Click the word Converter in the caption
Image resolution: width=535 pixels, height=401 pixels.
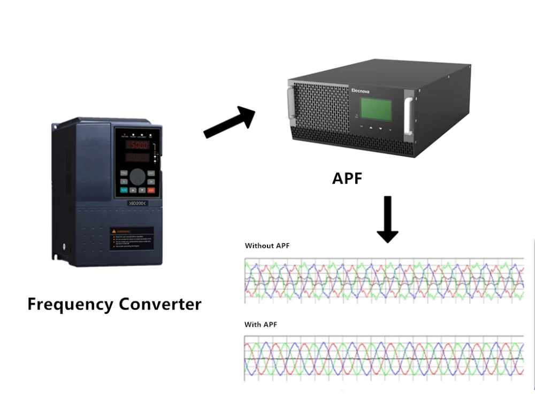point(160,304)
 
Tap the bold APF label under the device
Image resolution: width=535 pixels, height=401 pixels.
point(347,178)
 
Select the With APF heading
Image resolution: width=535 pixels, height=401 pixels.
point(261,325)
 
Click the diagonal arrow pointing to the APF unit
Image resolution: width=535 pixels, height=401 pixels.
point(229,122)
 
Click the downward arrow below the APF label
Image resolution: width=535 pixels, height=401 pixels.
point(387,219)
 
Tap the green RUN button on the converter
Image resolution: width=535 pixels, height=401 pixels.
point(124,190)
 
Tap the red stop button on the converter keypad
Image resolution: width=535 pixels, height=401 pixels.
point(151,190)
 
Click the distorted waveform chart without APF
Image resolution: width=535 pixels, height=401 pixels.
point(384,279)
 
